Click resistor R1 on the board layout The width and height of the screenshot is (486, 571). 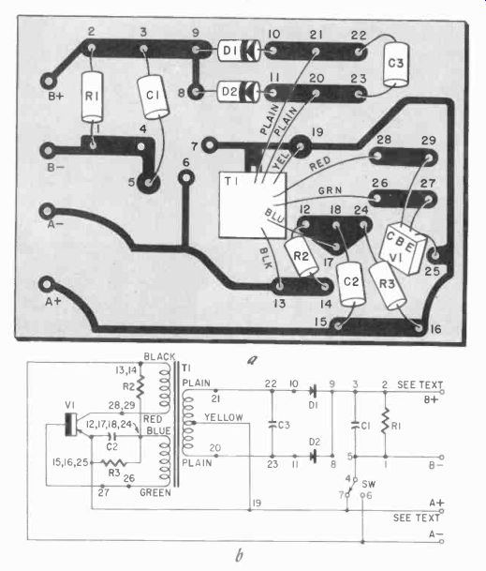tap(92, 97)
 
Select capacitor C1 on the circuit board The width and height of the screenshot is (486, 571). tap(154, 97)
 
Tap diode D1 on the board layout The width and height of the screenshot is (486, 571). tap(239, 51)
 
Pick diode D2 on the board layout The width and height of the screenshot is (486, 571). tap(238, 91)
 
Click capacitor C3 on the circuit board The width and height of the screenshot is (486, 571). tap(396, 65)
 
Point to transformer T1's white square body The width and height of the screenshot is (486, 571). tap(253, 205)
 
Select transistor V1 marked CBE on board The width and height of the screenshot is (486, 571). tap(402, 248)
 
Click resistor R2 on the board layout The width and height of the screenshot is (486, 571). tap(302, 256)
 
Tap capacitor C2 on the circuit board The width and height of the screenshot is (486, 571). tap(351, 284)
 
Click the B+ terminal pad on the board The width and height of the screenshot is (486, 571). tap(48, 81)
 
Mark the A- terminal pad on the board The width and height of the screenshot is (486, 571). tap(48, 211)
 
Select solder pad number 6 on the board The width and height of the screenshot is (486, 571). tap(186, 178)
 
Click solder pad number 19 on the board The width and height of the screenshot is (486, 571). tap(300, 146)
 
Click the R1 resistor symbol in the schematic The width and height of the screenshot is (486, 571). tap(385, 424)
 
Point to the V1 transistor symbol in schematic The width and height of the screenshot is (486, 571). tap(77, 425)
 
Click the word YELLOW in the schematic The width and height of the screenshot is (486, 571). tap(224, 417)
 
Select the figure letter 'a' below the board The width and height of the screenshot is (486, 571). tap(252, 360)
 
